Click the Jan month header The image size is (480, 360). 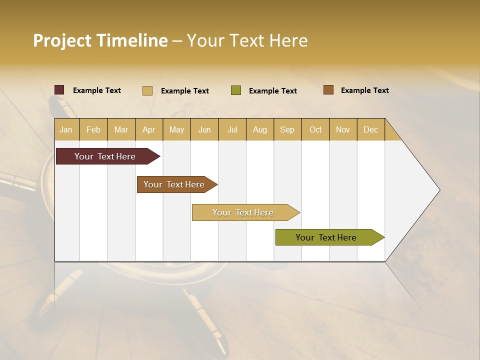(x=66, y=129)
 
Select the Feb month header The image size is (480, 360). (x=93, y=129)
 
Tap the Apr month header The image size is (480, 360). (x=149, y=129)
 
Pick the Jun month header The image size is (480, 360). (x=204, y=129)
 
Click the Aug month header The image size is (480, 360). (x=260, y=129)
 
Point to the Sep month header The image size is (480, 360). (x=287, y=129)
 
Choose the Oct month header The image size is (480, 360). (x=315, y=129)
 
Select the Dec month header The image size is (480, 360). (x=371, y=129)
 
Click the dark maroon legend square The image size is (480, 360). (x=59, y=90)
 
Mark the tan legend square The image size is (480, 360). (x=147, y=90)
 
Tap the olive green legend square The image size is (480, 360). (x=236, y=90)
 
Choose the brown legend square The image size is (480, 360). (x=328, y=90)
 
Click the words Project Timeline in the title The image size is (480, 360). (x=100, y=40)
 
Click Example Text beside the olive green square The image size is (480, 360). (x=273, y=91)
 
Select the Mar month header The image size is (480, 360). (x=121, y=129)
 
